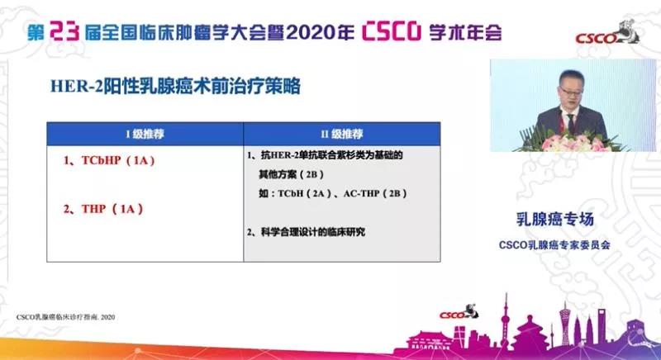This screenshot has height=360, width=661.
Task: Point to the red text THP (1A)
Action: (x=102, y=209)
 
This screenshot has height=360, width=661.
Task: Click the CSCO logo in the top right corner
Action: (x=620, y=36)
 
